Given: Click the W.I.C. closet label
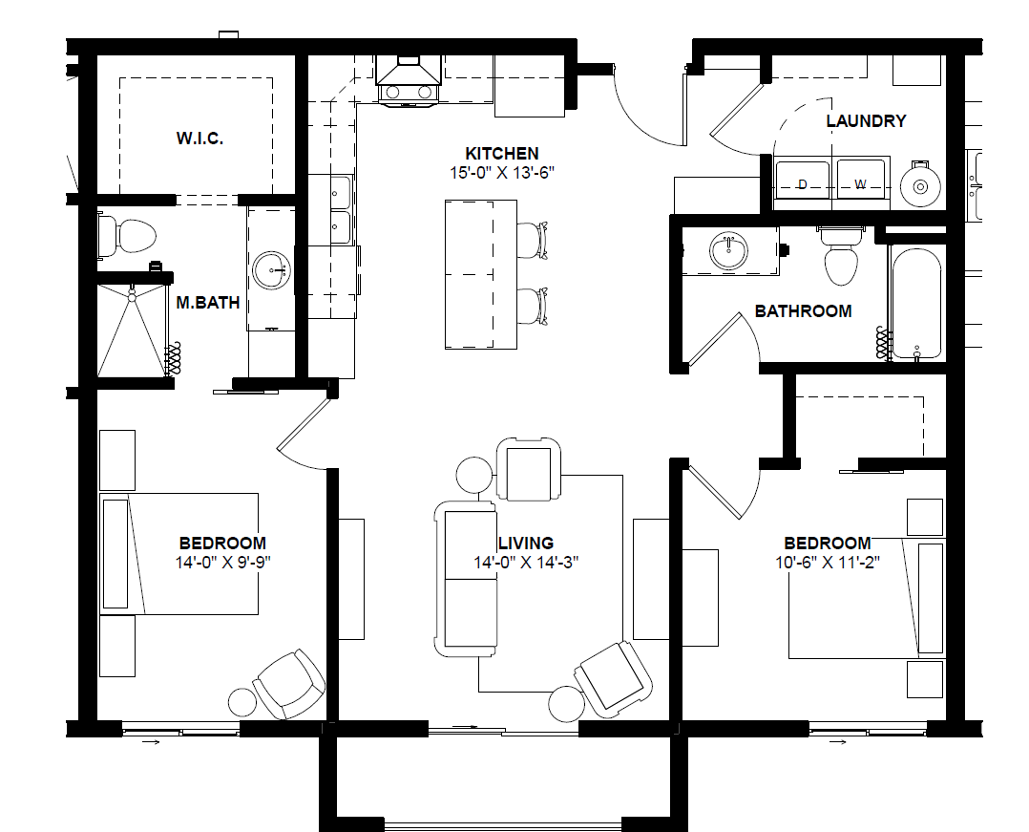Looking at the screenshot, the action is tap(199, 139).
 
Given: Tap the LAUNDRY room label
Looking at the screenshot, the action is tap(866, 120).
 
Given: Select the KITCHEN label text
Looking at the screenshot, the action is tap(502, 154).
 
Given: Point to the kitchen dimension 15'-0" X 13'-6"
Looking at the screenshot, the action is tap(502, 173).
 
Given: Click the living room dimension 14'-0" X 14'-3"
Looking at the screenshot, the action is tap(526, 563).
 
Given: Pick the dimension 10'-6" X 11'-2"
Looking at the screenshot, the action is tap(828, 563).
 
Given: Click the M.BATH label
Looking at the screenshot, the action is tap(208, 303).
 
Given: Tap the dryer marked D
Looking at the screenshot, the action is tap(802, 184).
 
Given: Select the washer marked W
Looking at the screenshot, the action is tap(860, 184).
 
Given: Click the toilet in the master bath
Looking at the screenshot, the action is tap(127, 236).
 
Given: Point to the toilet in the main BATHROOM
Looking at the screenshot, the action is tap(841, 255).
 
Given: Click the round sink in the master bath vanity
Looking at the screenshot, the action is tap(272, 270).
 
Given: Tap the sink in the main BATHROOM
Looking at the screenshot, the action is tap(728, 251).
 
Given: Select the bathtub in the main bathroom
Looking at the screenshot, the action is tap(916, 304).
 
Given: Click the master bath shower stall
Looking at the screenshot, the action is tap(132, 330).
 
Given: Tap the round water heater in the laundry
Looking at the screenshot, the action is tap(921, 186).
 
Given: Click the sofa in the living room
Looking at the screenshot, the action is tap(466, 579).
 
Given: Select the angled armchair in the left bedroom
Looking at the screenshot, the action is tap(287, 684).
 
